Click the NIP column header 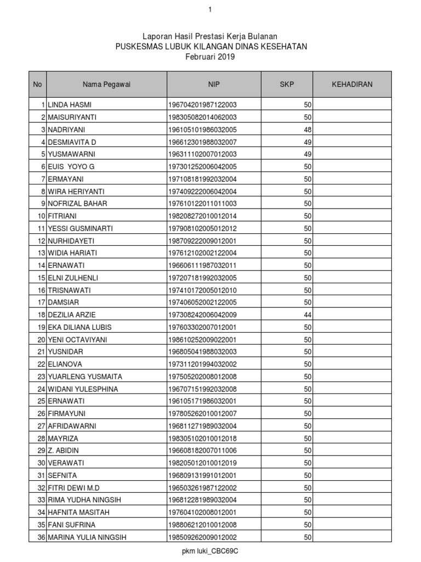(x=214, y=85)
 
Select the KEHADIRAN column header (x=352, y=85)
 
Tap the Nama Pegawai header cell (x=106, y=85)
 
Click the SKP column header (x=287, y=85)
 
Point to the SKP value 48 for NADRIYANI (x=308, y=130)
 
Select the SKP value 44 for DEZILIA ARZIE (x=308, y=315)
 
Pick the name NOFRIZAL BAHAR (x=77, y=204)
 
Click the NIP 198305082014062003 (x=202, y=117)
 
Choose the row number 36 (x=41, y=537)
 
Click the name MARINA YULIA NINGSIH (x=87, y=537)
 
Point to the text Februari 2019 (x=210, y=57)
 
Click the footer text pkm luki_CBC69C (x=210, y=550)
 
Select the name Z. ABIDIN (x=64, y=451)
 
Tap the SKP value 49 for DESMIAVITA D (x=308, y=142)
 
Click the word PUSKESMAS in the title (x=138, y=47)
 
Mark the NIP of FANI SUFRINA (x=202, y=525)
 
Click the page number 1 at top (x=210, y=10)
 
